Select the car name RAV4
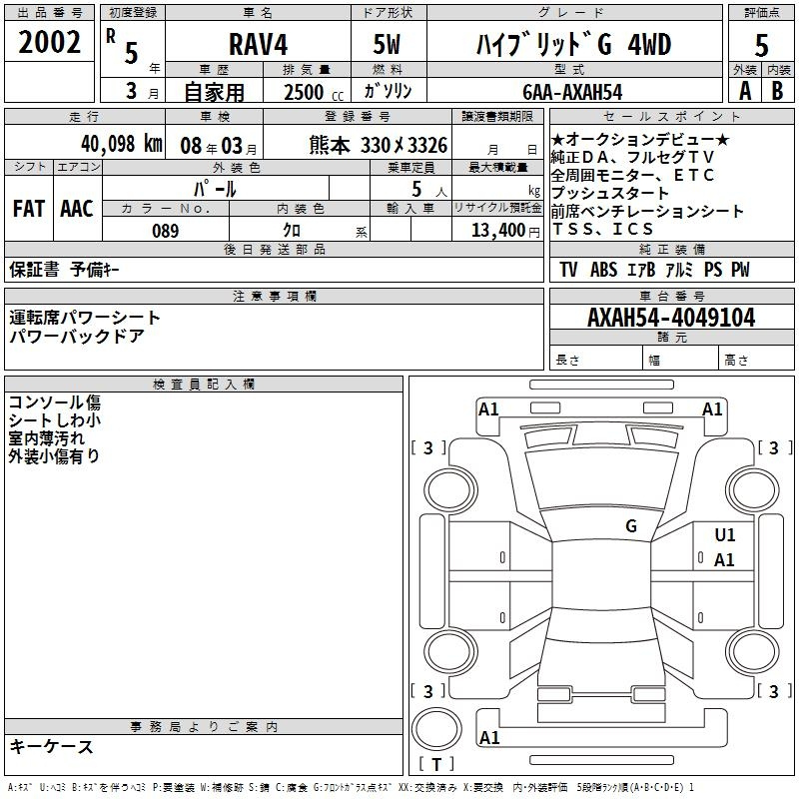[256, 46]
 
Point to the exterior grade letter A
[744, 91]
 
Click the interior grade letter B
[777, 91]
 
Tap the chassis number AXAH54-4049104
[671, 318]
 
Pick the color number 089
[165, 231]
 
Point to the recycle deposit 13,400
[495, 231]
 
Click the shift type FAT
[28, 209]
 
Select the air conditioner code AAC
[76, 209]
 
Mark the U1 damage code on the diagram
[724, 535]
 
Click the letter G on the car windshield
[630, 525]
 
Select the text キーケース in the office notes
[52, 746]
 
